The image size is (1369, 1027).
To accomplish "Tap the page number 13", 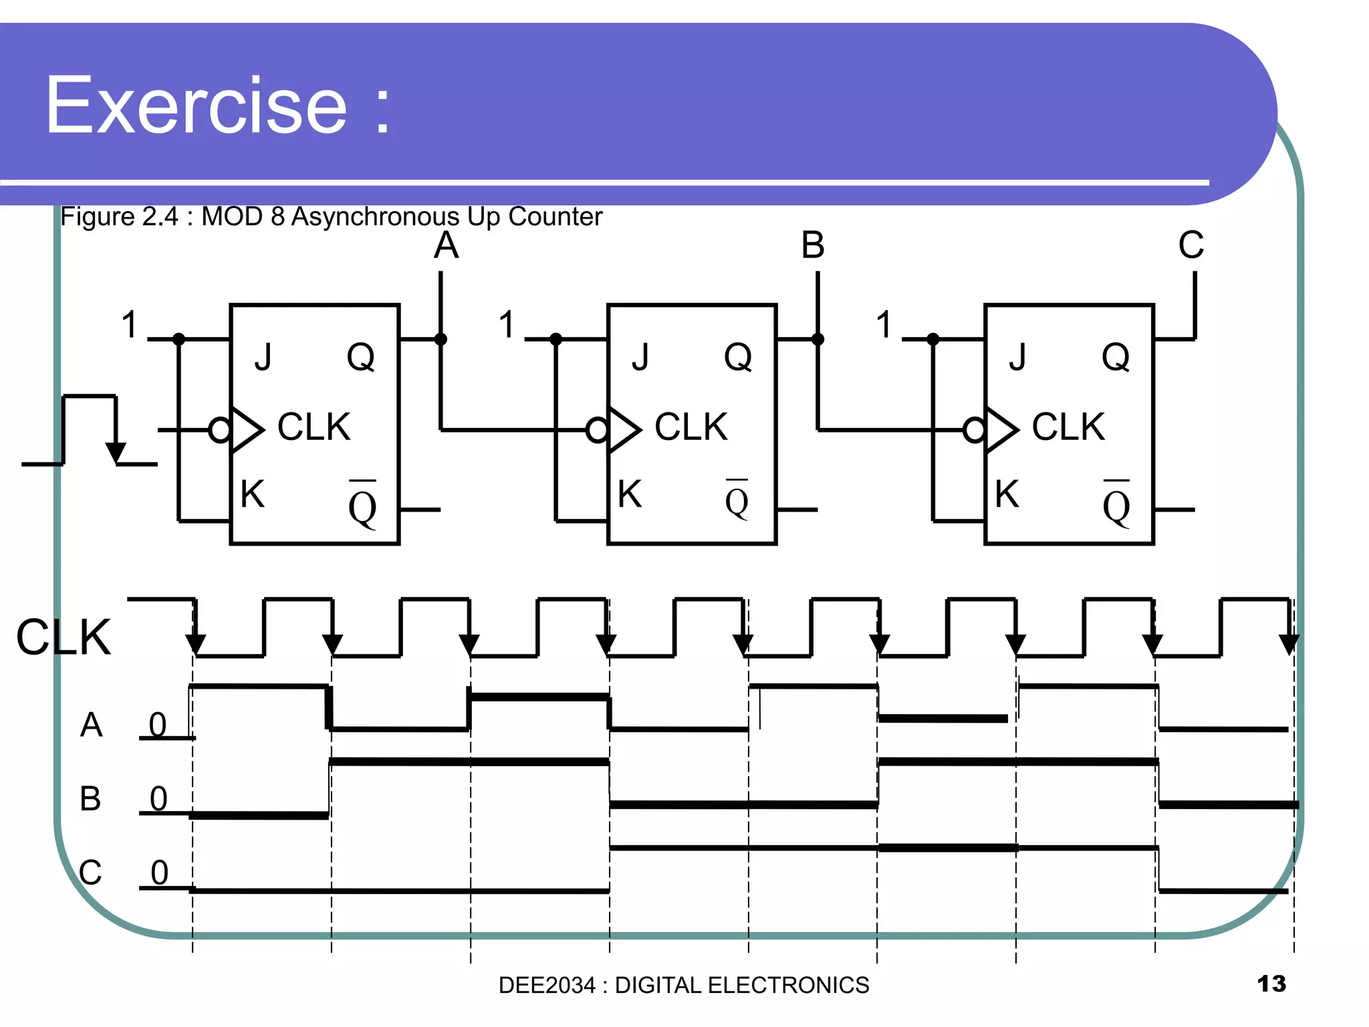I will (x=1271, y=984).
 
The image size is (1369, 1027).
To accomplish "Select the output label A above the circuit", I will (x=446, y=245).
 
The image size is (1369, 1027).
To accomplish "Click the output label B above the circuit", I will (x=813, y=245).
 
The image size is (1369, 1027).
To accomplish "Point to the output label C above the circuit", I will (x=1191, y=245).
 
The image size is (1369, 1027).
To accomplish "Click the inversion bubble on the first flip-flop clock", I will (x=220, y=430).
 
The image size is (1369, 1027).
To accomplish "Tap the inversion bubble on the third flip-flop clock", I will (x=975, y=430).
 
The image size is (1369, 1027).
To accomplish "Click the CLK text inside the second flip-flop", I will (x=691, y=427).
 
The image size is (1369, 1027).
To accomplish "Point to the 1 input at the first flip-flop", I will (x=130, y=325).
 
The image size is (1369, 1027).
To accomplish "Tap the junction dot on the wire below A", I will (x=441, y=340).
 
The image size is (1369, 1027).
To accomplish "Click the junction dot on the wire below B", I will (x=818, y=340).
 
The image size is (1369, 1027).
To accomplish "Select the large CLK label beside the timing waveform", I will (x=64, y=637).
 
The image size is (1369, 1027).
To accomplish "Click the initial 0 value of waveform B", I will (x=158, y=798).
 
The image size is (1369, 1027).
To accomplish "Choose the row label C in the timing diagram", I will (x=90, y=873).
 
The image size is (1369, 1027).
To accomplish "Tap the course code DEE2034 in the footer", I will (x=546, y=985).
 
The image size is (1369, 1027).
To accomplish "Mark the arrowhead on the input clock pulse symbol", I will (x=116, y=453).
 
